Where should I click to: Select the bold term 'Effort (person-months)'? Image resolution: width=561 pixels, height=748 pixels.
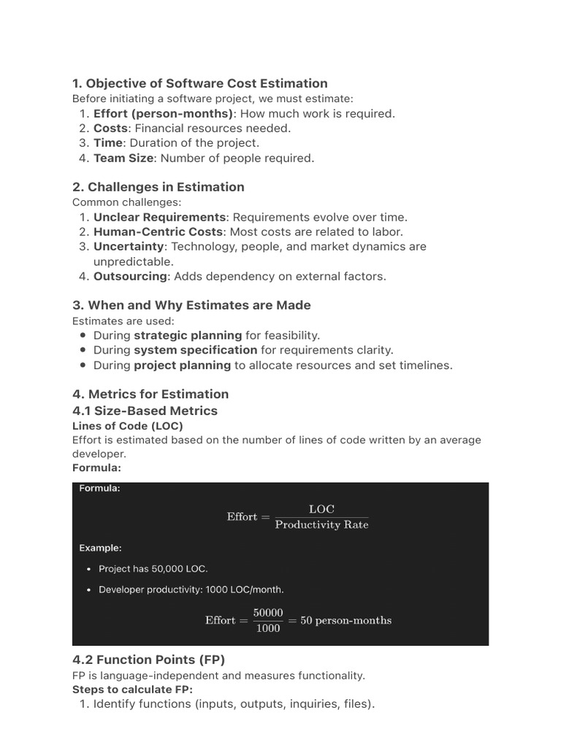[x=164, y=113]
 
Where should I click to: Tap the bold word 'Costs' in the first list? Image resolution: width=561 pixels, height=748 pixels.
[x=110, y=128]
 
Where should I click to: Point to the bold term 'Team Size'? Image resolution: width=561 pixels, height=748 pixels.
[x=123, y=158]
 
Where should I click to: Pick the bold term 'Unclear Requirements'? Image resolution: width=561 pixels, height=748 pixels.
[x=159, y=217]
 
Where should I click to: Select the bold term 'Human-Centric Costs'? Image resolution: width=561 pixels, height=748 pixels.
[x=156, y=232]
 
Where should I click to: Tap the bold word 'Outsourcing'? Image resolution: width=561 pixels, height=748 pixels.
[x=130, y=276]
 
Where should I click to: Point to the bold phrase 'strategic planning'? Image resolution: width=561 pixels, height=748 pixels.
[x=188, y=335]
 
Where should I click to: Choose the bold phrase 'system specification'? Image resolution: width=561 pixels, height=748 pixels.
[x=196, y=350]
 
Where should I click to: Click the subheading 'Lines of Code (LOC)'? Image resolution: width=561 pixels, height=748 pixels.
[x=128, y=425]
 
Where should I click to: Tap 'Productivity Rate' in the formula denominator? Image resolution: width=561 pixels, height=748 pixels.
[x=321, y=525]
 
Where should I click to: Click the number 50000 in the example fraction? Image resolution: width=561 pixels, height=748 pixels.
[x=268, y=612]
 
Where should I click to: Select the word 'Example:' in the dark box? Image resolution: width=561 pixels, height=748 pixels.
[x=100, y=547]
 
